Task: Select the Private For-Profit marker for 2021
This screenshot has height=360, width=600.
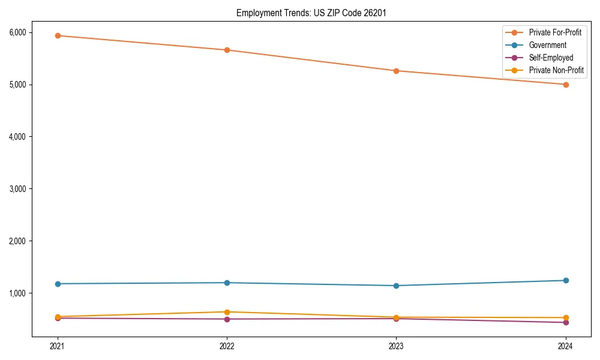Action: (58, 35)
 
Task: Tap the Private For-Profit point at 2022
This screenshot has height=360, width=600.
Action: (227, 50)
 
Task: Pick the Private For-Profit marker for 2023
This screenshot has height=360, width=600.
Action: (396, 71)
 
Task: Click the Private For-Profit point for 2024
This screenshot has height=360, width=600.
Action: (566, 85)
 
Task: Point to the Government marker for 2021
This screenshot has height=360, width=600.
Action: (58, 284)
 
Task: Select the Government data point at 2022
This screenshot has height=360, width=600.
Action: (227, 283)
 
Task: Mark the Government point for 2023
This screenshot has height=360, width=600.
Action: (396, 286)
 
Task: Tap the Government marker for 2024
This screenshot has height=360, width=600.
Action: (566, 280)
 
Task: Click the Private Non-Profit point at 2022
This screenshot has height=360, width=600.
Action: (227, 312)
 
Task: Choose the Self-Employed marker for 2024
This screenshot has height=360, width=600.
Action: (566, 322)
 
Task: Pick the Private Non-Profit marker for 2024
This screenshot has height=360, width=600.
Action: (566, 317)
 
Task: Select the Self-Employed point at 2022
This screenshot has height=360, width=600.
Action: (227, 319)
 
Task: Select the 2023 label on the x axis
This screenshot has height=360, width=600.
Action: (396, 346)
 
